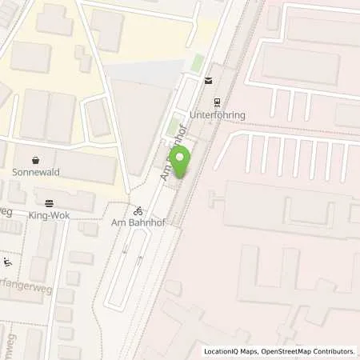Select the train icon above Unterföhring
pos(216,102)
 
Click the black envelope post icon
pos(208,79)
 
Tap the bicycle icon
pos(139,211)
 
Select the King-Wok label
pos(50,216)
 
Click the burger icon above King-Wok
pos(50,203)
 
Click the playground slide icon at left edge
pos(8,262)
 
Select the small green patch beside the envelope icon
pos(197,62)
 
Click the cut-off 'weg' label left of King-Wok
pos(6,211)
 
